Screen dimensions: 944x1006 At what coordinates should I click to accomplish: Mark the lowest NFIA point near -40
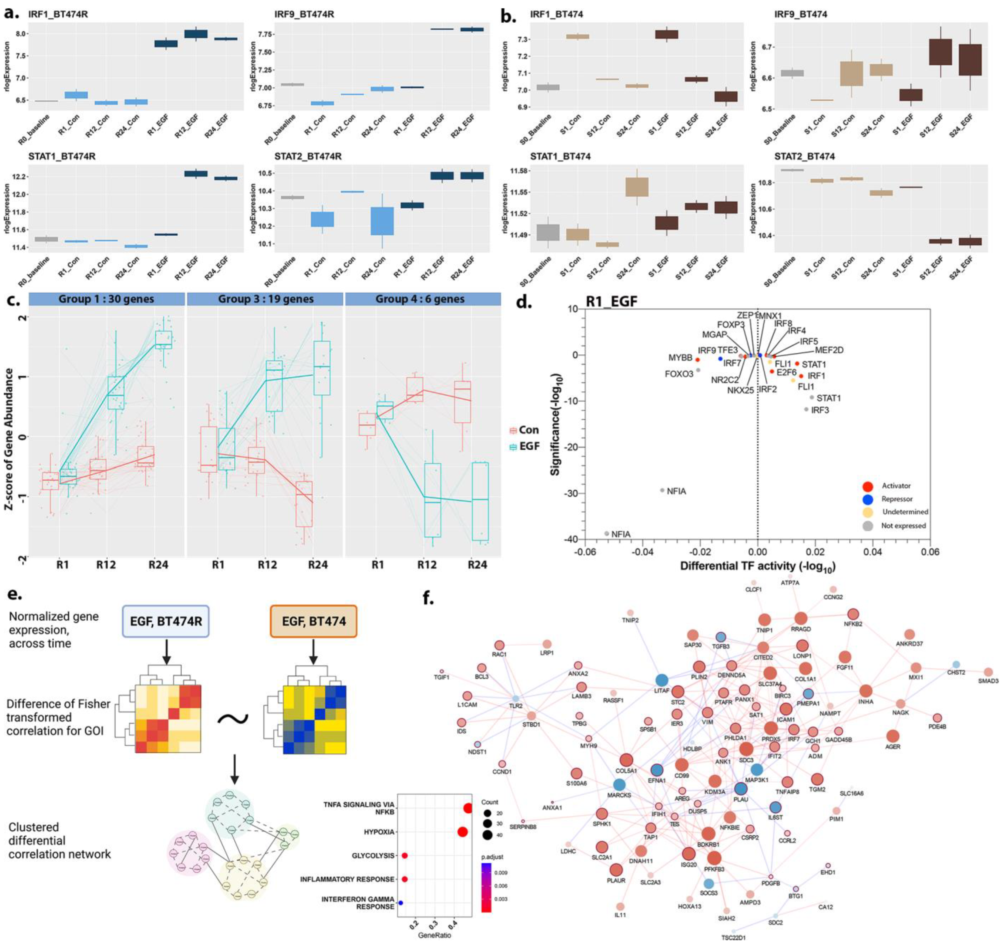click(x=607, y=534)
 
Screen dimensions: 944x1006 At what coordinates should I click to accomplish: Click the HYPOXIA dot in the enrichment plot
click(x=461, y=832)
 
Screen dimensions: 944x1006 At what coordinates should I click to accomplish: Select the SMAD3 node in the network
click(x=988, y=672)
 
